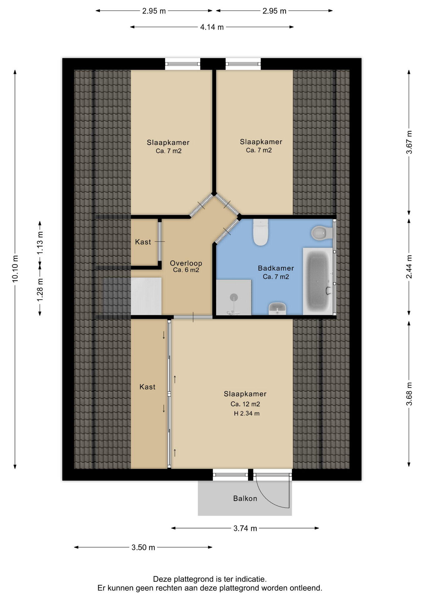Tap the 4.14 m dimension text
click(212, 27)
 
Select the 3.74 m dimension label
click(245, 528)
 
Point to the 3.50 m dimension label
click(143, 547)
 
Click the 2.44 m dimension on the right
click(409, 267)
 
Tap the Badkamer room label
click(276, 268)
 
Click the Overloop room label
click(186, 263)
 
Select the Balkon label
click(245, 498)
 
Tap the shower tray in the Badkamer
click(234, 297)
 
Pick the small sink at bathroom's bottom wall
click(277, 308)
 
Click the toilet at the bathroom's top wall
click(261, 232)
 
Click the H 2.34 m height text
click(247, 414)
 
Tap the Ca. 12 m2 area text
click(245, 404)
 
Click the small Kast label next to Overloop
click(143, 242)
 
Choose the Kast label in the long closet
click(147, 387)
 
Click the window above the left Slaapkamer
click(182, 64)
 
